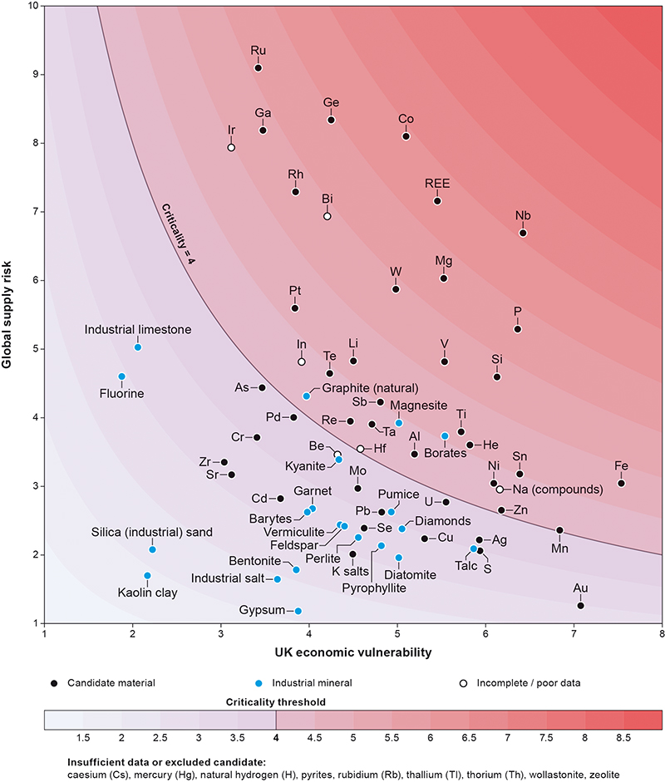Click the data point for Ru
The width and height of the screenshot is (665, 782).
[x=259, y=68]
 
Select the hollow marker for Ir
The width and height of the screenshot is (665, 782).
[x=231, y=148]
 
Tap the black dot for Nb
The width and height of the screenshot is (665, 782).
[x=523, y=233]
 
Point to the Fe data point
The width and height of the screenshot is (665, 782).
[x=621, y=484]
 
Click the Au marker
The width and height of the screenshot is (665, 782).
[x=581, y=606]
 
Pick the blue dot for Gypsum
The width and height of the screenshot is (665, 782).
[x=298, y=612]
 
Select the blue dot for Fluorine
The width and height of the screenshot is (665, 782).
[x=121, y=376]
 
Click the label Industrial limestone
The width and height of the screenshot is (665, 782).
[x=138, y=330]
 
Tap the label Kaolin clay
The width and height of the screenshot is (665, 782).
[x=148, y=593]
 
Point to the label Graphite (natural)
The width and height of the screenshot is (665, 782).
[x=370, y=387]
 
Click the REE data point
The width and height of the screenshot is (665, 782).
[x=437, y=201]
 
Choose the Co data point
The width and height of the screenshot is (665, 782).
[x=406, y=136]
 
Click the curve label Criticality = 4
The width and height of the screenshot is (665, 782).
[x=178, y=233]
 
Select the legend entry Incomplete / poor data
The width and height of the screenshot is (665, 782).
[x=521, y=683]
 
